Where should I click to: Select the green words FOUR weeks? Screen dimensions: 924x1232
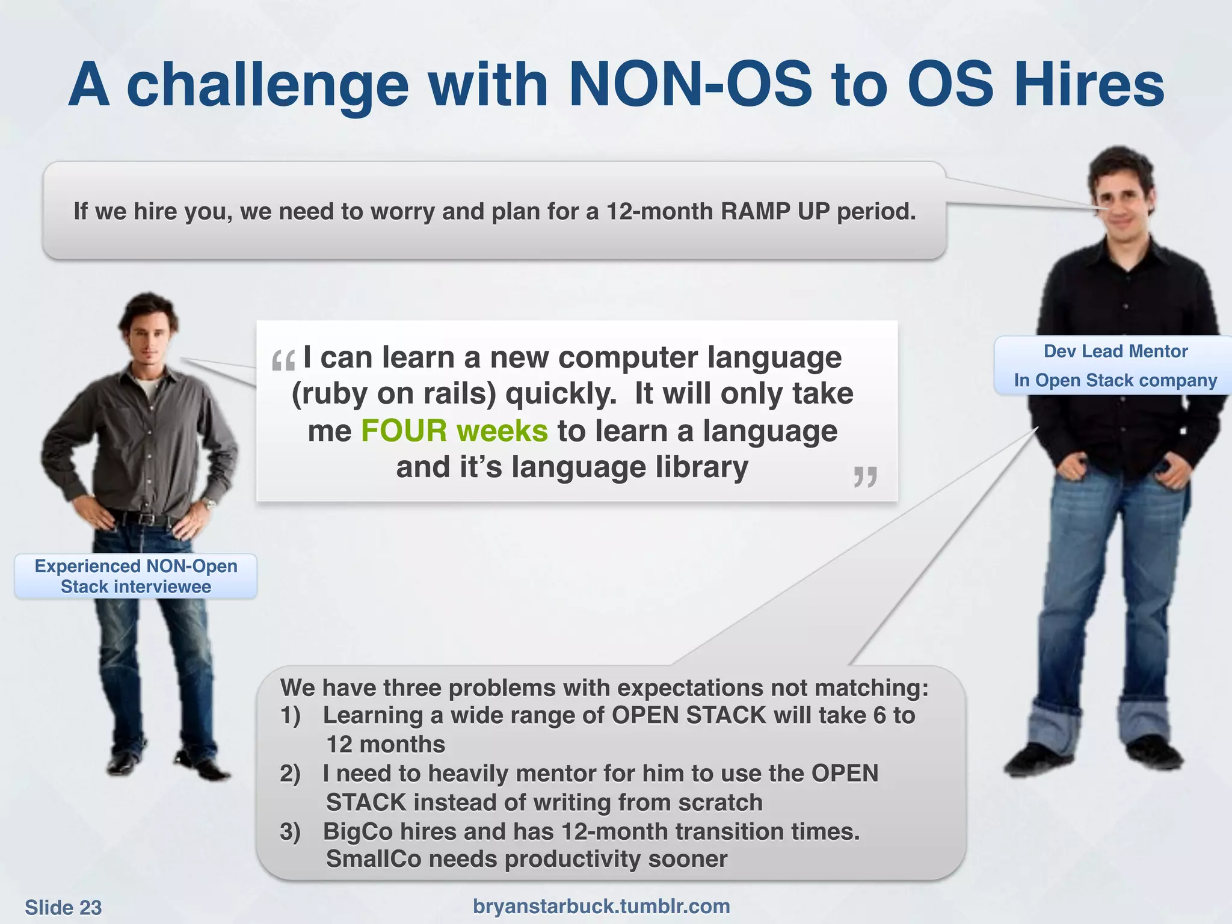454,431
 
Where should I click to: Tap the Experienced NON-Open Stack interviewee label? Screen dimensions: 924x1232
136,576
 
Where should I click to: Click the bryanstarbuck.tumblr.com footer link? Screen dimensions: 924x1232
601,906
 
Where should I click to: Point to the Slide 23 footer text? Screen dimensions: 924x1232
63,907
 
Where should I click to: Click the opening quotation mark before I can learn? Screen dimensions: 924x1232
283,362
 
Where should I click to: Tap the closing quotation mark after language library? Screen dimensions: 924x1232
865,477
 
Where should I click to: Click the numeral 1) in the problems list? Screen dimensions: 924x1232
290,716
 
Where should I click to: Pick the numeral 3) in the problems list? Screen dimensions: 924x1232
290,832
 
